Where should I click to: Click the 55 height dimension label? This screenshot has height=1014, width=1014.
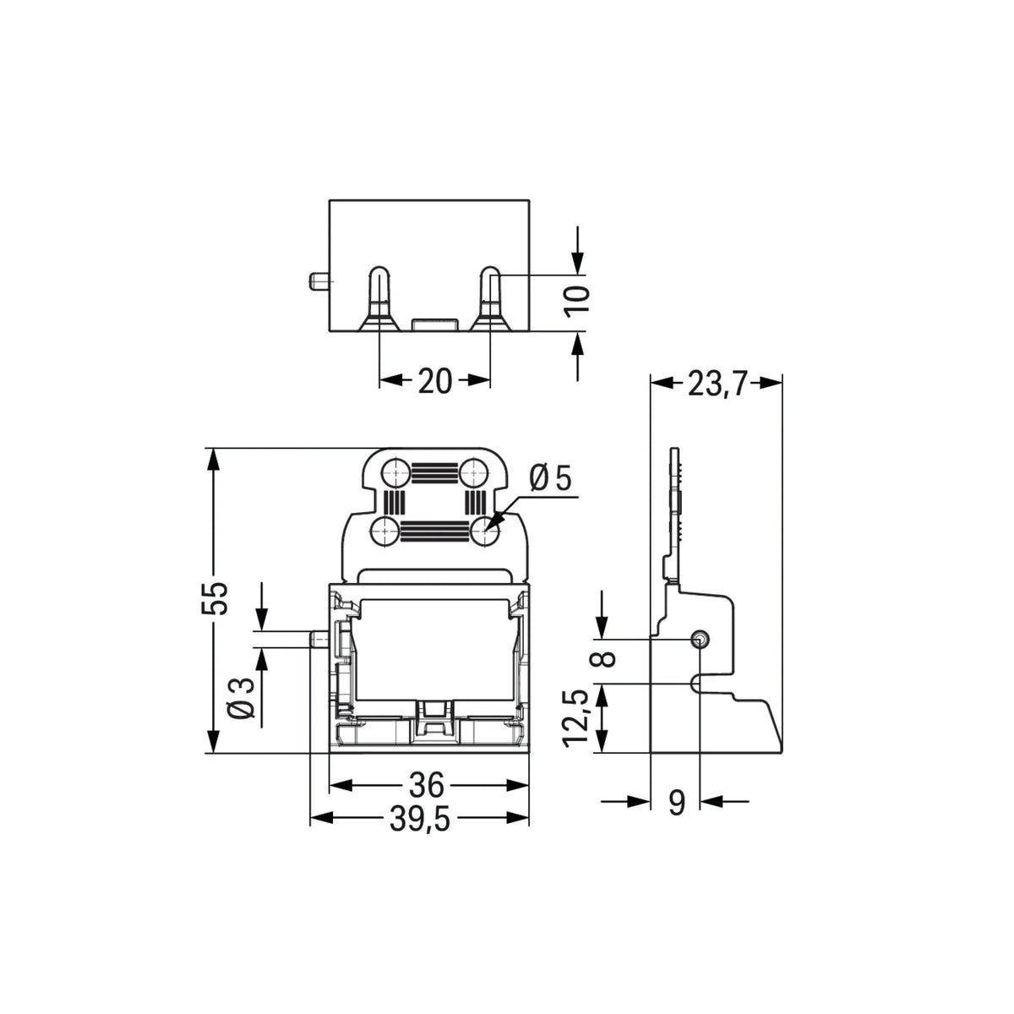coord(215,597)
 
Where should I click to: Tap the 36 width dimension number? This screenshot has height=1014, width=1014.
coord(427,785)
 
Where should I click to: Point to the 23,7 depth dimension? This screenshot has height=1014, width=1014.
coord(717,384)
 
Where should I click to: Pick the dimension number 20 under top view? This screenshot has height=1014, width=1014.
coord(434,381)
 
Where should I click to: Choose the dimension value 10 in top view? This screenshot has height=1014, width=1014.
coord(577,302)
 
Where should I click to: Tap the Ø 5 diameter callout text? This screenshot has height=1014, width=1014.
coord(550,478)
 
